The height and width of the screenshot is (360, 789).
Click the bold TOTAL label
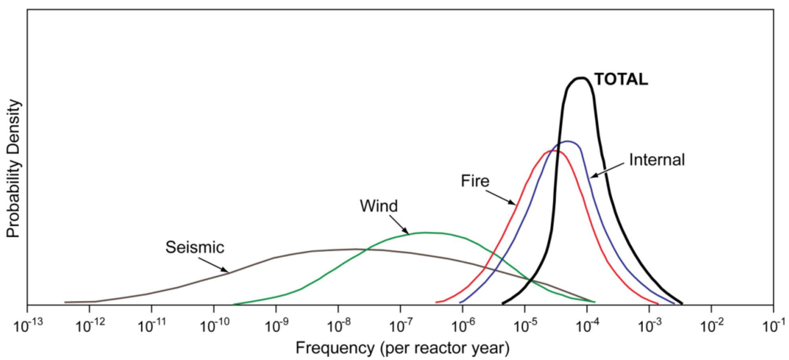pyautogui.click(x=621, y=79)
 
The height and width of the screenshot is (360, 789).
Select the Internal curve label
pyautogui.click(x=657, y=160)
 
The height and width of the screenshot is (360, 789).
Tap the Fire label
pyautogui.click(x=475, y=181)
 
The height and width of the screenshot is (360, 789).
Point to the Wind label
pyautogui.click(x=379, y=206)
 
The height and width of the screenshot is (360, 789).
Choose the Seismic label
pyautogui.click(x=195, y=247)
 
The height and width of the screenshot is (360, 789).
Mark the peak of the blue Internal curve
pyautogui.click(x=567, y=141)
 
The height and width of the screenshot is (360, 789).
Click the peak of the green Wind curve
pyautogui.click(x=425, y=232)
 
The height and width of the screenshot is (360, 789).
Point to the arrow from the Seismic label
pyautogui.click(x=213, y=265)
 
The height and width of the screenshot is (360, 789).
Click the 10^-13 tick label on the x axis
pyautogui.click(x=28, y=326)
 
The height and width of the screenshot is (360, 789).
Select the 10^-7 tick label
pyautogui.click(x=400, y=326)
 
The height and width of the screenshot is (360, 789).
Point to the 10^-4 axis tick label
pyautogui.click(x=587, y=326)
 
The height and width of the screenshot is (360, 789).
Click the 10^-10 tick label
pyautogui.click(x=214, y=326)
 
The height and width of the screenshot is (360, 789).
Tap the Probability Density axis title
pyautogui.click(x=13, y=168)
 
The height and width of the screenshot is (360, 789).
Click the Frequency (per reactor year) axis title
pyautogui.click(x=402, y=348)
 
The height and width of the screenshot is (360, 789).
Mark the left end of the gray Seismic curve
pyautogui.click(x=65, y=302)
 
